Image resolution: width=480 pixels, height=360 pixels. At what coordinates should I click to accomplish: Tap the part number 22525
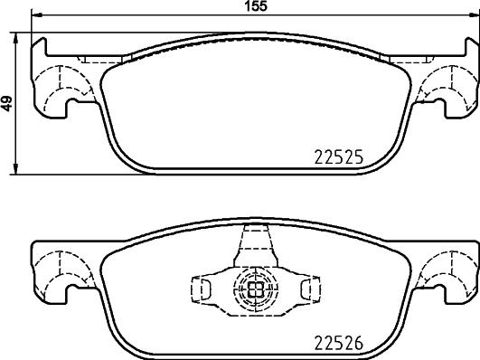337,156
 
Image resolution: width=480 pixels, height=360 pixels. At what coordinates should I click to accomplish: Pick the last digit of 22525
358,156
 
